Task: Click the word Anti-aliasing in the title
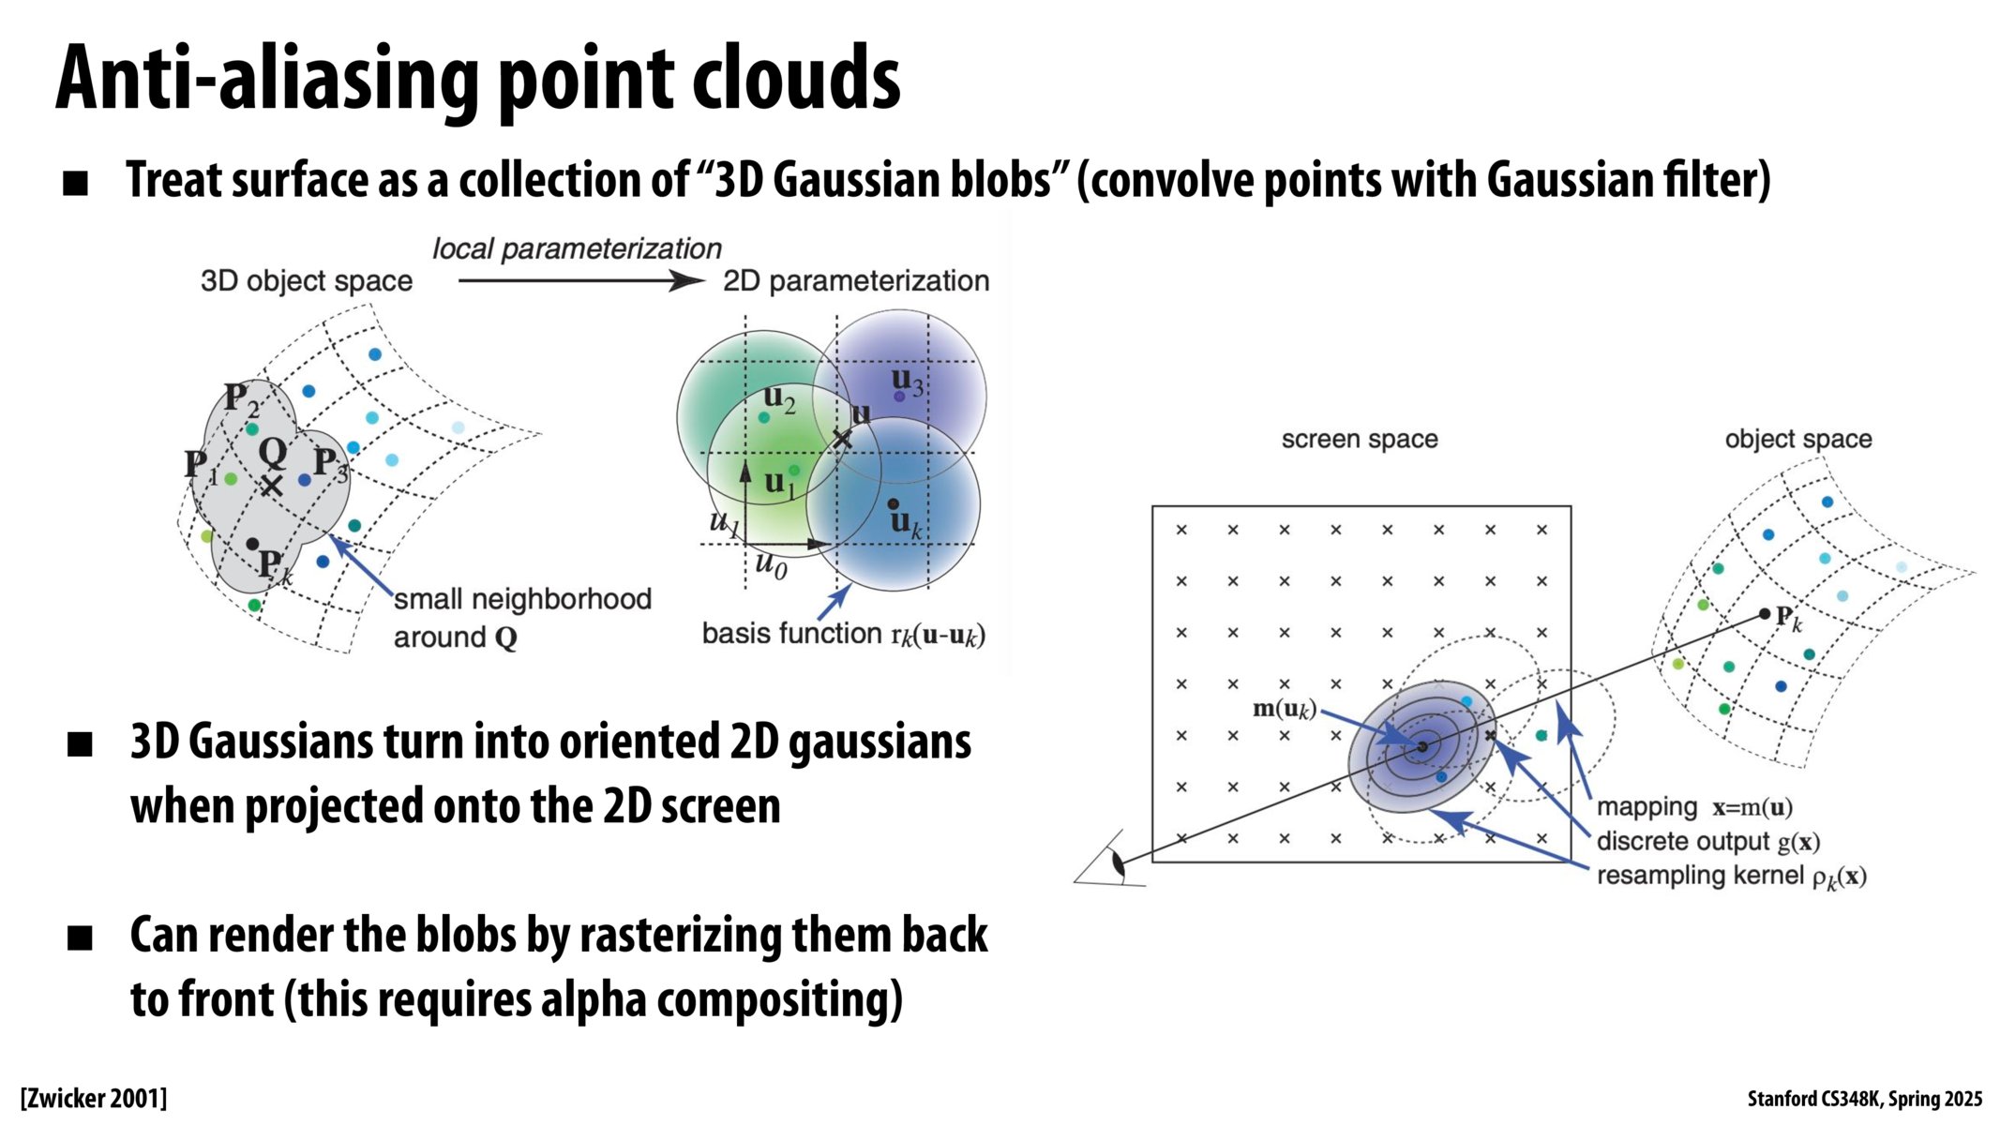pos(272,80)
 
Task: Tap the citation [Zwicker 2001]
pos(94,1098)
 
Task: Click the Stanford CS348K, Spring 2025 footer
pos(1864,1099)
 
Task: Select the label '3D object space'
pos(307,281)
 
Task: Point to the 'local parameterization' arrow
pos(581,280)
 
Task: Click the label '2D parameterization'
pos(855,281)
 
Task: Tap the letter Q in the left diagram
pos(273,454)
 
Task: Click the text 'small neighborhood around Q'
pos(521,618)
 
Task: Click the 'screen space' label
pos(1359,439)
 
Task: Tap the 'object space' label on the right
pos(1797,439)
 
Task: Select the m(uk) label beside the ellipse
pos(1285,709)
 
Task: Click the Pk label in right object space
pos(1787,620)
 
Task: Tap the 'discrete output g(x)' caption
pos(1707,842)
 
